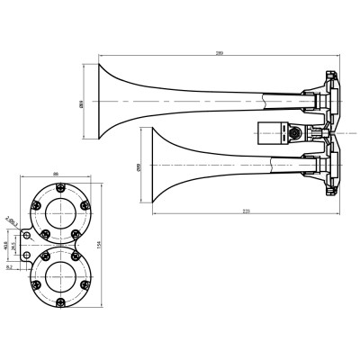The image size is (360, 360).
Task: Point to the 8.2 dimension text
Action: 9,266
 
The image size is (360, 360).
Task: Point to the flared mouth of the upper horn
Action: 101,101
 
